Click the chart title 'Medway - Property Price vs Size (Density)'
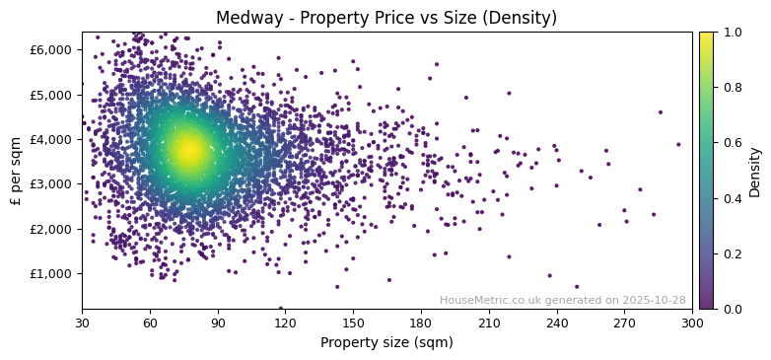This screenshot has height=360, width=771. coord(386,18)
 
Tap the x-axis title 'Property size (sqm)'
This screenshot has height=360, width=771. coord(386,343)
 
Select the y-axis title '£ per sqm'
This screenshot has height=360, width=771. coord(16,171)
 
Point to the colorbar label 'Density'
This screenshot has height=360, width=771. coord(755,171)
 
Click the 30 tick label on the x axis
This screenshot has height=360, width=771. coord(82,323)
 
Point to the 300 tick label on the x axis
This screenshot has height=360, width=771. coord(692,323)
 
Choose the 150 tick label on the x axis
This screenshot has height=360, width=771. coord(353,323)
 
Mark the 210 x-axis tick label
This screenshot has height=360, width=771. coord(489,323)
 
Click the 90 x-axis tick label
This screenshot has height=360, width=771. coord(218,323)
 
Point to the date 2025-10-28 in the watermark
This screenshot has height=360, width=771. coord(655,300)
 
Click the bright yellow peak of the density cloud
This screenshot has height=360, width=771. coord(188,151)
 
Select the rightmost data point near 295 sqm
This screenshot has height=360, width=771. coord(678,144)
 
